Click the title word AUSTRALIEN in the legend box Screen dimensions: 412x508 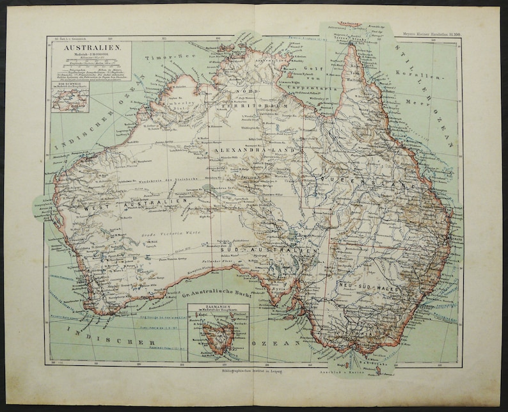click(90, 49)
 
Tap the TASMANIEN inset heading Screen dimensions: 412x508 click(217, 307)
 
